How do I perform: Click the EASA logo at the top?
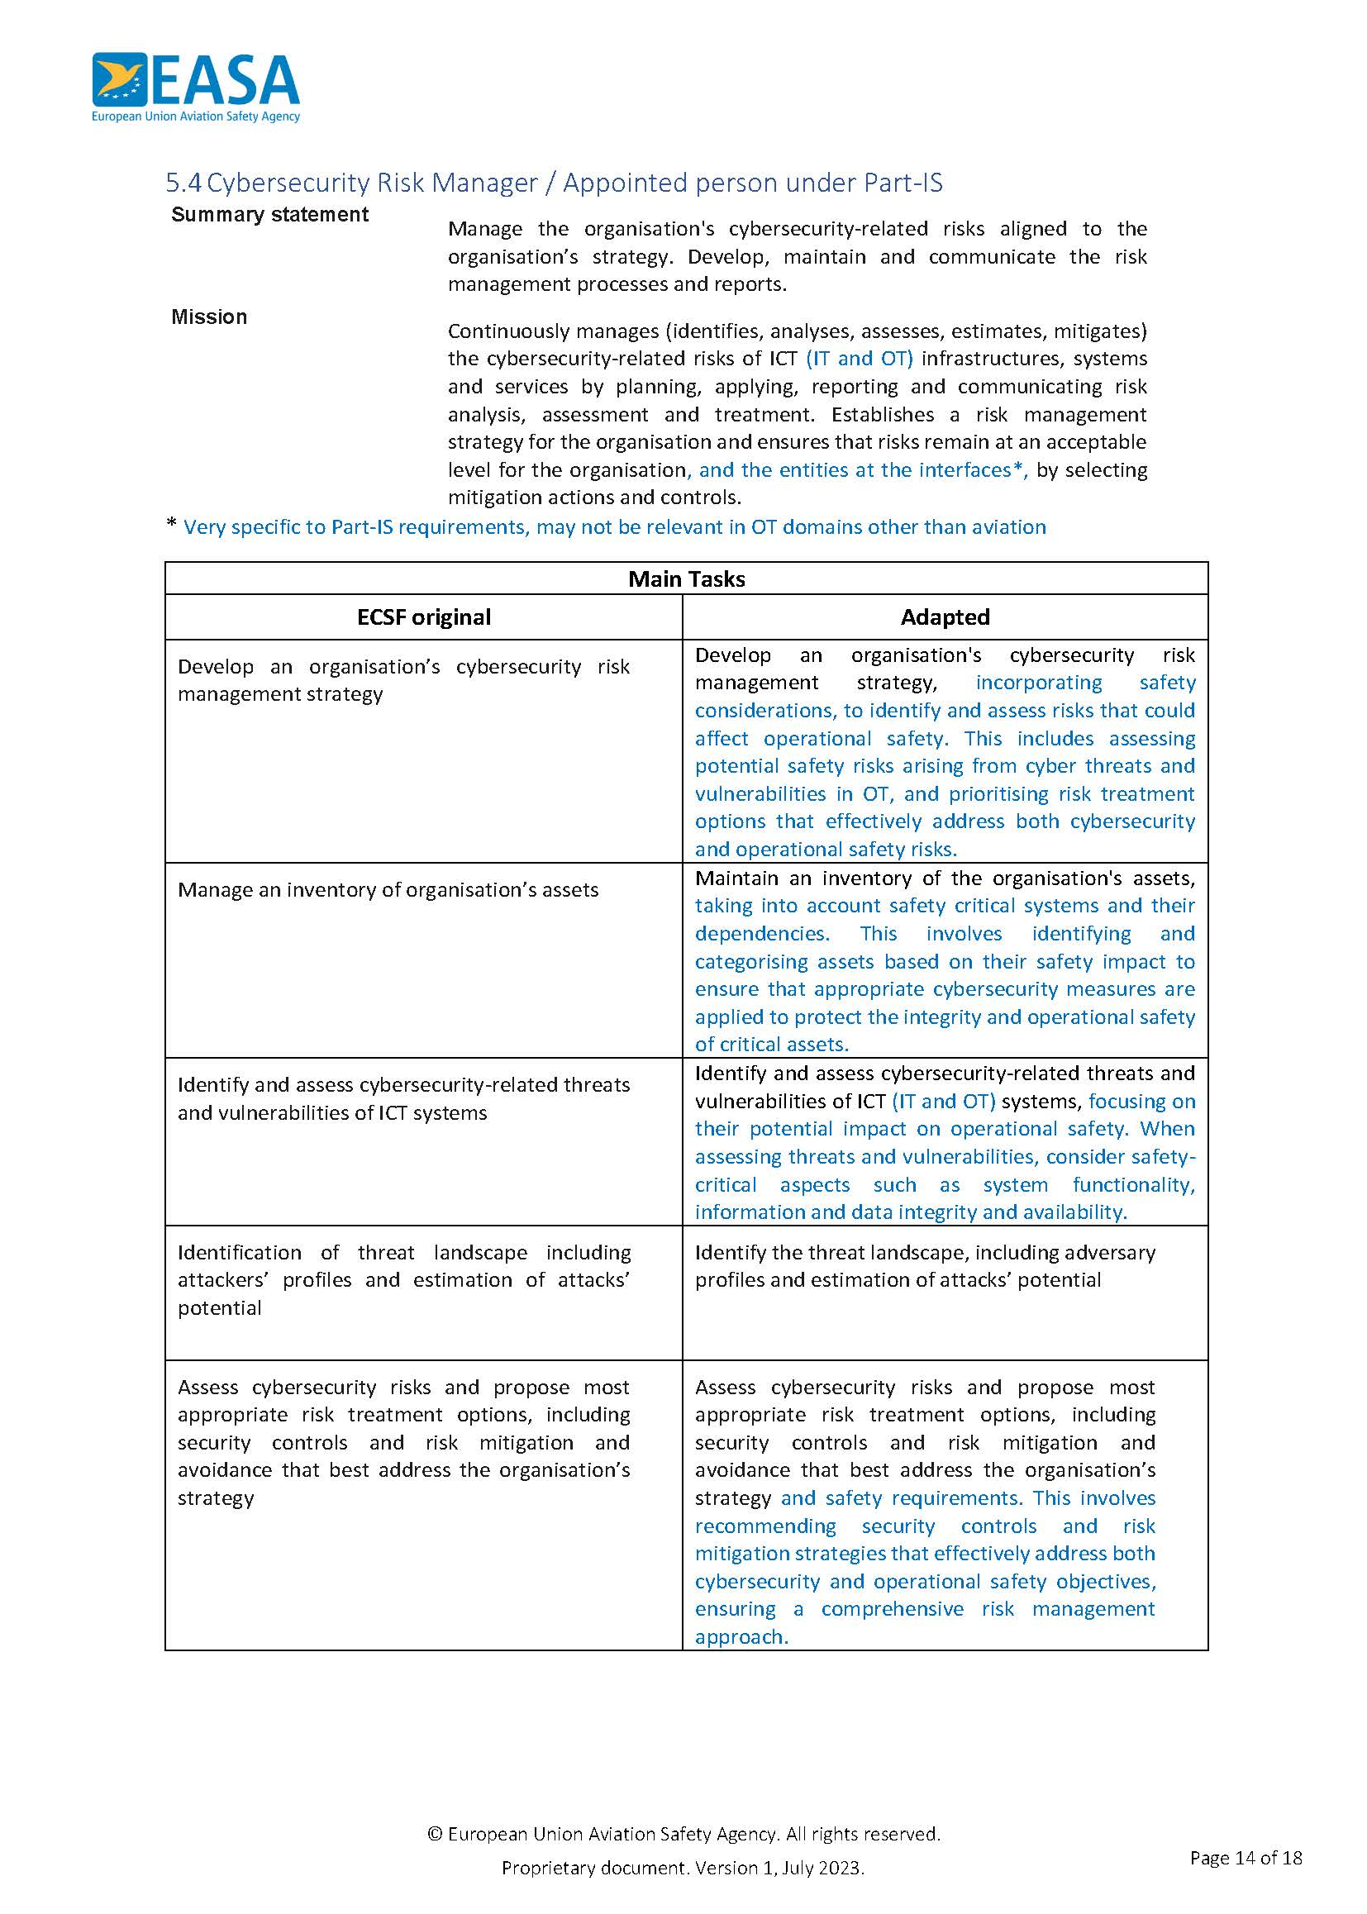pos(195,80)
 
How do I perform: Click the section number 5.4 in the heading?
pos(183,183)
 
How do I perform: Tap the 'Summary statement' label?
pos(269,215)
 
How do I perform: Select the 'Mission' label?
pos(209,317)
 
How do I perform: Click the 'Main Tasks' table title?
pos(686,579)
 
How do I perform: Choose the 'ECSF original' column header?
pos(423,617)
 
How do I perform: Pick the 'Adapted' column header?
pos(945,617)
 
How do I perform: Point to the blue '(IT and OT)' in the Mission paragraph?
pos(859,359)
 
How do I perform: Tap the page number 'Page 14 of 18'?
pos(1246,1857)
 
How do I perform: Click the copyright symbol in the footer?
pos(436,1834)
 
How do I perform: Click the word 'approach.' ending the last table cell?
pos(741,1637)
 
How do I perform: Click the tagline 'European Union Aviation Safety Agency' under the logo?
pos(195,117)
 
